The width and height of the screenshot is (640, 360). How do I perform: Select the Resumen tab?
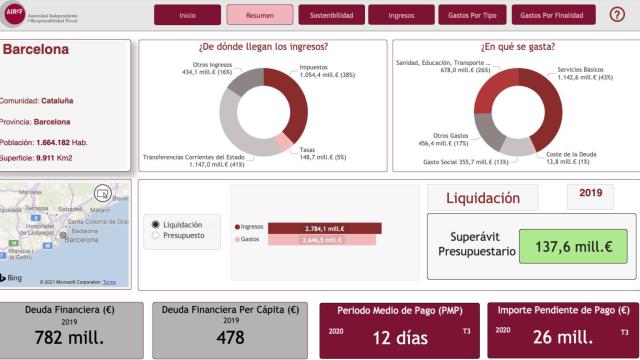click(x=260, y=15)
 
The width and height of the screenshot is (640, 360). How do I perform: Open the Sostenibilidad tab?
click(x=330, y=15)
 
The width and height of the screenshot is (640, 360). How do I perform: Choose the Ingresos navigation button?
click(x=400, y=15)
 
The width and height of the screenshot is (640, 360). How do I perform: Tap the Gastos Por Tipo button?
click(x=471, y=15)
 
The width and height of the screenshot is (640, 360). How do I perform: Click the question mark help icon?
click(x=617, y=14)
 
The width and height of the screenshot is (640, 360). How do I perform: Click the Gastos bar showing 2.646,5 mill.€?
click(x=320, y=240)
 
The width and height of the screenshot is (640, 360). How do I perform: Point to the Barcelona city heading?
click(x=35, y=50)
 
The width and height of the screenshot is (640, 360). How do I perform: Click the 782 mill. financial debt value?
click(x=68, y=337)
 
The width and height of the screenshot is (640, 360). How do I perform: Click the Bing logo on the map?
click(x=15, y=278)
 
